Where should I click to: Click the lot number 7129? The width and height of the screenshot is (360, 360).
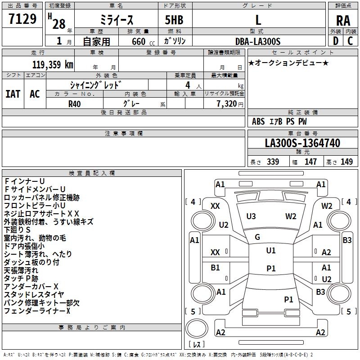point(22,20)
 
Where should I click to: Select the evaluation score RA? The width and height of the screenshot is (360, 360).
point(343,21)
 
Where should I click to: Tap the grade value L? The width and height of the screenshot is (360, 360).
point(258,20)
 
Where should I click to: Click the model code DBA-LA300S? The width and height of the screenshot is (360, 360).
point(258,41)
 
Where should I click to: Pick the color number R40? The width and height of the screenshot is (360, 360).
point(75,103)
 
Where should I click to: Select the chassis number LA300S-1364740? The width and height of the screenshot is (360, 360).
point(302,143)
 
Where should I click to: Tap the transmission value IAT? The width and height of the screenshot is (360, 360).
point(13,94)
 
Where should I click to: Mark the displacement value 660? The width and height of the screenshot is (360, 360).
point(138,41)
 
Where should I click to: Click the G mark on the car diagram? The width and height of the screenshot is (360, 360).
point(257,237)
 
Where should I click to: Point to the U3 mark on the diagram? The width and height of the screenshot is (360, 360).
point(251,216)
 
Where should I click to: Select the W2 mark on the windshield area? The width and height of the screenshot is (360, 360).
point(291,216)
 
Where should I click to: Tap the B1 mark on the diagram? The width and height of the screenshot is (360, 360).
point(216,268)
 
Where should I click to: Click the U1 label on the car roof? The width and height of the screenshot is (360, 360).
point(271,250)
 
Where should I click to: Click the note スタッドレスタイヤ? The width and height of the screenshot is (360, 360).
point(34,294)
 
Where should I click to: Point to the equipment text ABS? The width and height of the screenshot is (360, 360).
point(258,121)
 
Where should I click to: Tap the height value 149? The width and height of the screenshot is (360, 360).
point(346,162)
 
